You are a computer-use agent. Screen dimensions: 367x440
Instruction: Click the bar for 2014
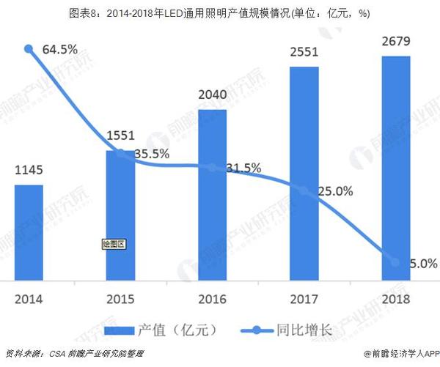(29, 231)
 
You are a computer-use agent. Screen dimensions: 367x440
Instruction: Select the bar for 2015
(121, 216)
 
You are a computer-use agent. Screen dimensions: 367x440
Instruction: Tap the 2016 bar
(213, 195)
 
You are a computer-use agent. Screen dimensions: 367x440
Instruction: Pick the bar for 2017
(304, 173)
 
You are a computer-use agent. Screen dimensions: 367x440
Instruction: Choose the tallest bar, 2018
(396, 168)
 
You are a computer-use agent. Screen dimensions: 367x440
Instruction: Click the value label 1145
(29, 171)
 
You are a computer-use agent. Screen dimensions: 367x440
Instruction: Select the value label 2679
(396, 43)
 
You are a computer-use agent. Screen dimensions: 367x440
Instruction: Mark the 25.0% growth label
(335, 192)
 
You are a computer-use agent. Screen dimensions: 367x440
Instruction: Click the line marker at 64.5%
(29, 49)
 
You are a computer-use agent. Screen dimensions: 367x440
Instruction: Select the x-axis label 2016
(213, 299)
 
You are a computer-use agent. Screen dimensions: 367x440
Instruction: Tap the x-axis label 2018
(396, 299)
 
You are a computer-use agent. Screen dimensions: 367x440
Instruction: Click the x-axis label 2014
(29, 299)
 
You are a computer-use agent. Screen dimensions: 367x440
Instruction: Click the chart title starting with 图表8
(220, 12)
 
